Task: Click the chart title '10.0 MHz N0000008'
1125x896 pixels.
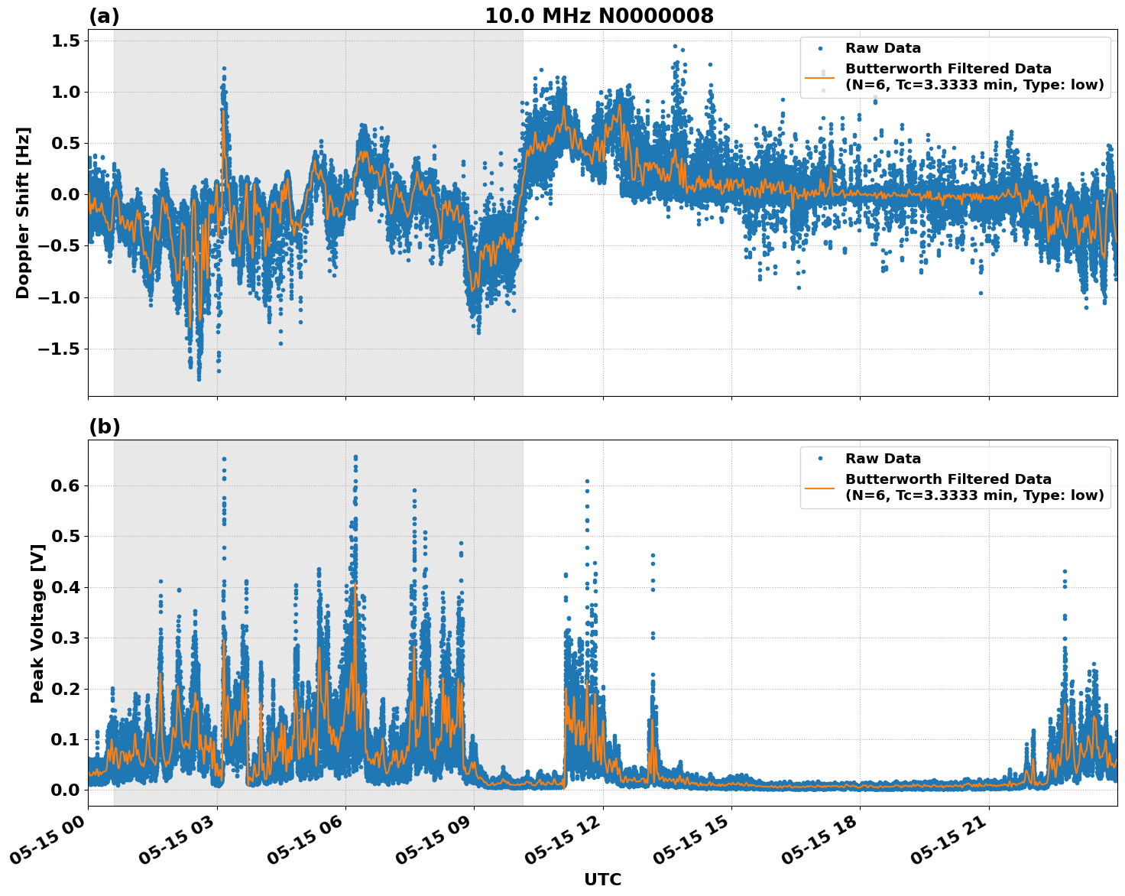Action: coord(599,16)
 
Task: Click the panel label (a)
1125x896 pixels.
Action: coord(104,16)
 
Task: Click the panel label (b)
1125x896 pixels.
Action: coord(104,427)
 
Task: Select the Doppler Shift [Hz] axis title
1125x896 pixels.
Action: coord(23,213)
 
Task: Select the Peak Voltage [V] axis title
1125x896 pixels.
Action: coord(37,623)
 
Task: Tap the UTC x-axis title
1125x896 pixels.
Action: coord(602,879)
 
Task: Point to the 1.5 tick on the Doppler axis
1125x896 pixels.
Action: coord(66,41)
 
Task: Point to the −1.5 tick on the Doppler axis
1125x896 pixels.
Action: coord(60,349)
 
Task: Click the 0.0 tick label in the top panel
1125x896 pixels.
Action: coord(66,194)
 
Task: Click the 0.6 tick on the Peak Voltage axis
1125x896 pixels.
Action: coord(69,485)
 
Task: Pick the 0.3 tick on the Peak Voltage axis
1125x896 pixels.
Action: coord(69,638)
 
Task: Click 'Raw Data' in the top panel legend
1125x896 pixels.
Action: coord(883,48)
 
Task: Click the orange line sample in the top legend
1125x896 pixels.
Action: coord(820,77)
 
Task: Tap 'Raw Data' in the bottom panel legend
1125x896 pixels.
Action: coord(883,459)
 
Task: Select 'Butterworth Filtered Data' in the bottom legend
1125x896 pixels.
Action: coord(948,479)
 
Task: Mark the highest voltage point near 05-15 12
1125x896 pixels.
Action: coord(587,481)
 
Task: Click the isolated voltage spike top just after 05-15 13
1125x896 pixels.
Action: coord(653,555)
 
